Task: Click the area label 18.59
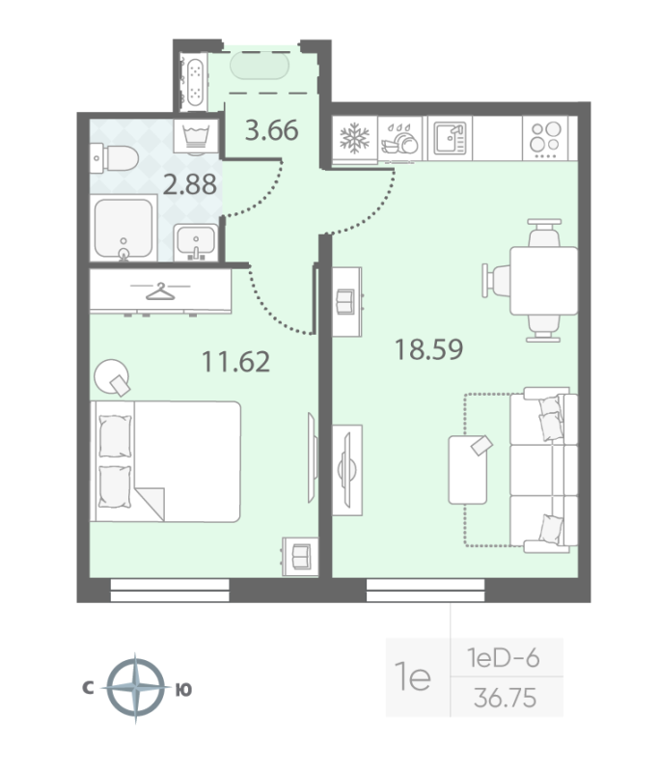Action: coord(428,348)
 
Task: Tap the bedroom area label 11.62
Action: coord(234,362)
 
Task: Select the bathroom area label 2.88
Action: coord(189,183)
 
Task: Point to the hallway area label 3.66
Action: coord(270,129)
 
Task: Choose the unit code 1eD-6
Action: coord(503,659)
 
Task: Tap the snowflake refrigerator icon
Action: coord(353,138)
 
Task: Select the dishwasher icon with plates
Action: coord(399,139)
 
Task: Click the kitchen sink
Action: coord(449,138)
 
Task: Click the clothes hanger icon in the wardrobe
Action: coord(161,290)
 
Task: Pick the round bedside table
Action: coord(113,375)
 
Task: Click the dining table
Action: coord(542,280)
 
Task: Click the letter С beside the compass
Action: coord(87,689)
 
